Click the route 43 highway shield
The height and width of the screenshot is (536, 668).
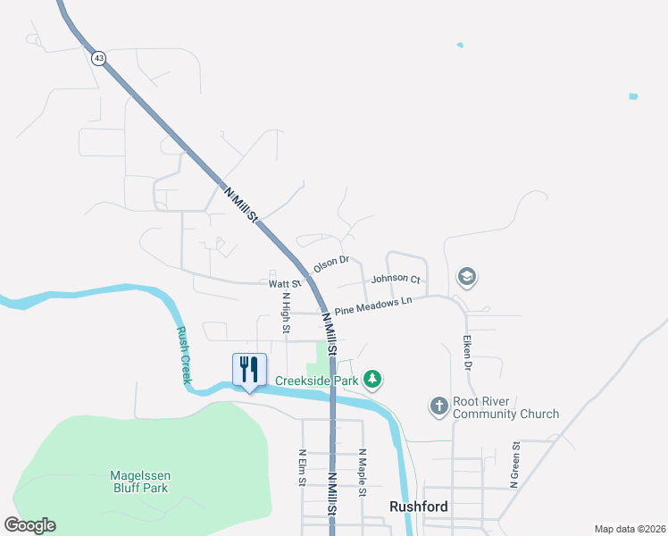(98, 57)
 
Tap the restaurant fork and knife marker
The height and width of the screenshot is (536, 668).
(249, 369)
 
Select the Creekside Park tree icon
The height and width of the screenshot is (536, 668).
(372, 381)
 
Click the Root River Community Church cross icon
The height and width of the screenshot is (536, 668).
(438, 406)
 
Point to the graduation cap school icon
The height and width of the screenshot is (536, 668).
(465, 278)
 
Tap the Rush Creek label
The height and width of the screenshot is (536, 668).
(183, 355)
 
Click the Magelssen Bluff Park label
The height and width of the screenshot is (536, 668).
(139, 482)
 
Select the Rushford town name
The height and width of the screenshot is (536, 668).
(418, 507)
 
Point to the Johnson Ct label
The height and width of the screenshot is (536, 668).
(395, 280)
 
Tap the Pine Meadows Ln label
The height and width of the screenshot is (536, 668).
(373, 305)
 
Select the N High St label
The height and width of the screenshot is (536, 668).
(286, 314)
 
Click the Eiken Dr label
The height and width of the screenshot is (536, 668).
(466, 353)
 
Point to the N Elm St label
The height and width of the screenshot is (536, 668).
(302, 467)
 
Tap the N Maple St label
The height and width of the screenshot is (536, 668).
(363, 468)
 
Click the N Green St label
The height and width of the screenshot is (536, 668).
(514, 465)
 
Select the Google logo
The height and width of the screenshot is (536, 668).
(29, 525)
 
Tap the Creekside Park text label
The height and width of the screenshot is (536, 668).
(316, 381)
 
